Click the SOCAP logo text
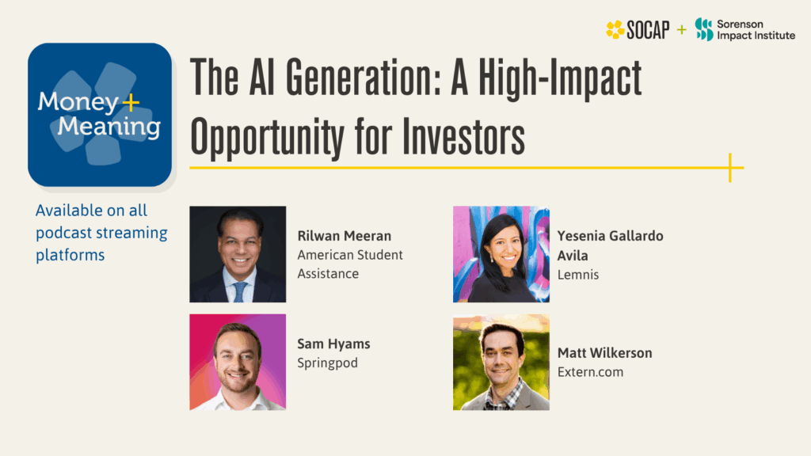pos(648,30)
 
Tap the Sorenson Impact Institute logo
pos(744,30)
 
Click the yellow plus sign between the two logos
pos(681,30)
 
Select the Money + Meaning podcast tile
pos(100,115)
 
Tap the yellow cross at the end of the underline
pos(729,167)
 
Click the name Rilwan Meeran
pos(344,236)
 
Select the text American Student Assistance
pos(350,264)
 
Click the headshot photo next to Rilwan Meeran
pos(238,254)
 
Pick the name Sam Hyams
pos(333,344)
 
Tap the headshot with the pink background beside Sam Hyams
pos(238,362)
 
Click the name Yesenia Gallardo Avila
pos(610,245)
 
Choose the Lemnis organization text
pos(578,275)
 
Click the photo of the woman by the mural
pos(501,254)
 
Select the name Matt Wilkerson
pos(604,353)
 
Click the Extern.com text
pos(590,372)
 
